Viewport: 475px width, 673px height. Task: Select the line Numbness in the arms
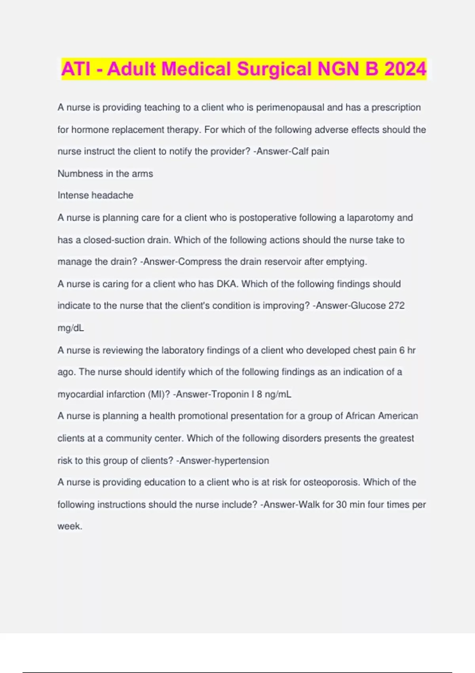105,173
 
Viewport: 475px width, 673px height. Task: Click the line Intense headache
95,195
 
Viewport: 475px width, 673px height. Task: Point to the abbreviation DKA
226,284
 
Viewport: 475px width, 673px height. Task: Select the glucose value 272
396,306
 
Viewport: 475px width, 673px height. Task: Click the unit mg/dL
71,328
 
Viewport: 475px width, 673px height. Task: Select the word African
360,416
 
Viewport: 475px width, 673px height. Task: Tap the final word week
70,526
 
